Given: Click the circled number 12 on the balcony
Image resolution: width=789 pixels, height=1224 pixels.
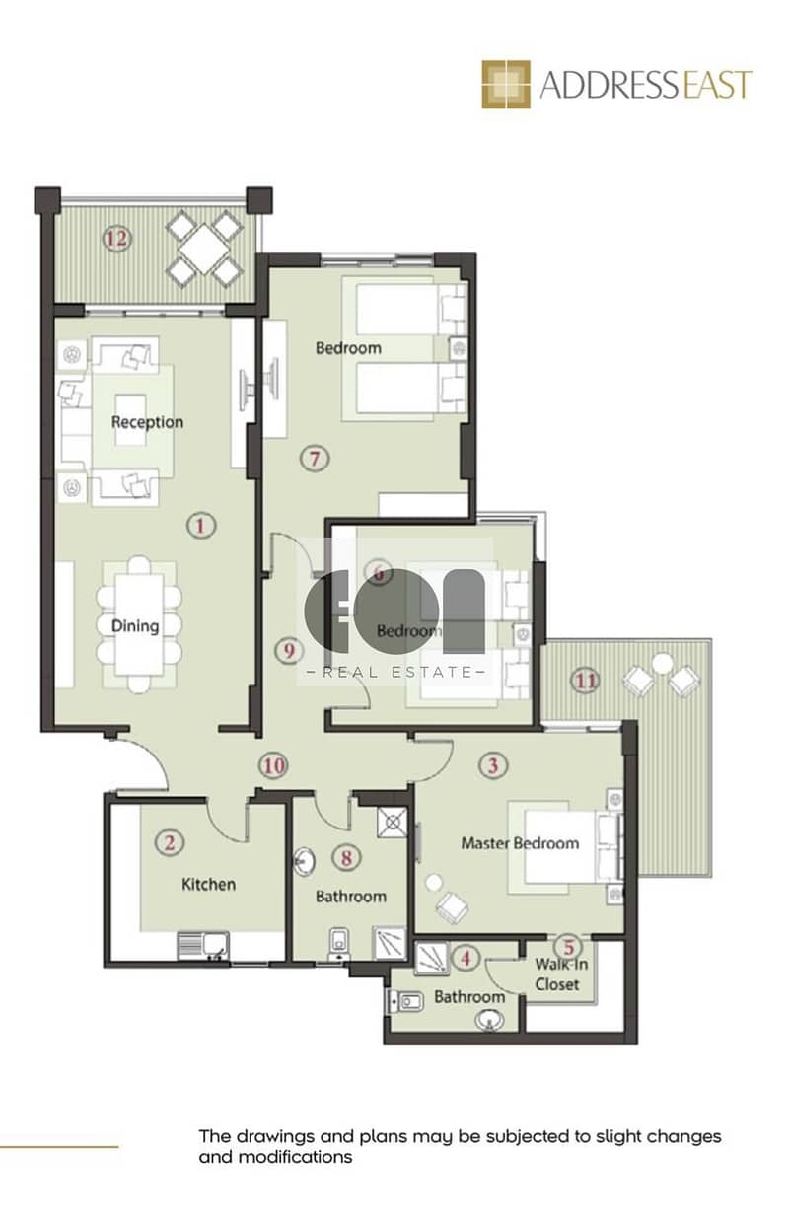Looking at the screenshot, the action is click(117, 239).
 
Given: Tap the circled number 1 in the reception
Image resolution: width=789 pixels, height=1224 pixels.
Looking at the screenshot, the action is click(201, 525).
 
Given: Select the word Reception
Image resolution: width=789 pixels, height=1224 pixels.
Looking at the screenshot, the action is click(147, 422).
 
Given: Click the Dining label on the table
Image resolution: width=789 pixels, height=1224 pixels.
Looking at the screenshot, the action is click(135, 625).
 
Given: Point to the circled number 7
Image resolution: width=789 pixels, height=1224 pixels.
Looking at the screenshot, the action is click(315, 458).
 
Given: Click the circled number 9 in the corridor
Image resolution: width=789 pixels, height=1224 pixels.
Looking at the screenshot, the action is click(289, 650).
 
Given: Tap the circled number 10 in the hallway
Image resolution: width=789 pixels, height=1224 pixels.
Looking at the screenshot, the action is click(273, 766).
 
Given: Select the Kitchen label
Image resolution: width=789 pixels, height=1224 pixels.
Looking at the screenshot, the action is click(209, 884).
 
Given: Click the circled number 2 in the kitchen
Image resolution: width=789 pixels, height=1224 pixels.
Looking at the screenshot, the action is click(170, 842).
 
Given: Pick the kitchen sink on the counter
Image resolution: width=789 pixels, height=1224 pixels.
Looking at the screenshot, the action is click(203, 945).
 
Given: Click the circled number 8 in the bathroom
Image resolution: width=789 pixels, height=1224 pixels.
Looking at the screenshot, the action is click(346, 857).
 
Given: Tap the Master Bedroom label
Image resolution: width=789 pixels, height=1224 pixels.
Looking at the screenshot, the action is click(520, 843).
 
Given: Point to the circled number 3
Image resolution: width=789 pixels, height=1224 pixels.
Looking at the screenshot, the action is click(493, 765).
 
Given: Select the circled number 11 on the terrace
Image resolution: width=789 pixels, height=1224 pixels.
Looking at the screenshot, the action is click(585, 681).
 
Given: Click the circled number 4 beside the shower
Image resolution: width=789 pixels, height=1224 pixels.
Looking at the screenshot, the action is click(466, 958).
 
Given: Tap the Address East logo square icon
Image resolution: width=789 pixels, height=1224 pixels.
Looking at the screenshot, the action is click(505, 84).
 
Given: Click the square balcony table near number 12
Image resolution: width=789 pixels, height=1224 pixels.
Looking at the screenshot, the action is click(204, 249).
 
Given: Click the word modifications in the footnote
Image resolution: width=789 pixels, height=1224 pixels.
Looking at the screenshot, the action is click(275, 1156).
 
